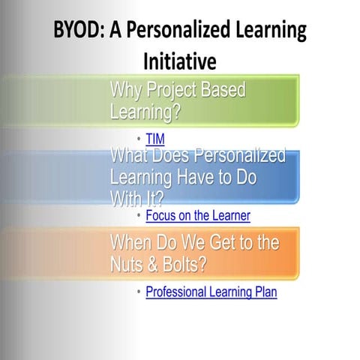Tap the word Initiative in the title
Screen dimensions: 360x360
coord(180,59)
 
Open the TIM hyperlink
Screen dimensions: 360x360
coord(155,139)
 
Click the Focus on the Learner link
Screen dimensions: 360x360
coord(198,216)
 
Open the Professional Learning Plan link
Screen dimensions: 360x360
coord(211,292)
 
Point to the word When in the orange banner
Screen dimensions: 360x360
coord(130,243)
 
